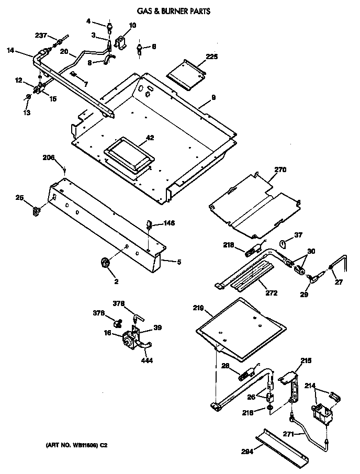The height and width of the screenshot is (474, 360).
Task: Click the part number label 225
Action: (211, 57)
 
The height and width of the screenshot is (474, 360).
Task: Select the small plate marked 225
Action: (187, 73)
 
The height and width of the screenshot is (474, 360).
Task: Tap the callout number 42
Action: (150, 138)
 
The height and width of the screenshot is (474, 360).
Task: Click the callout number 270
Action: (280, 170)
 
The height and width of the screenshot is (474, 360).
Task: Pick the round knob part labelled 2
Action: (105, 264)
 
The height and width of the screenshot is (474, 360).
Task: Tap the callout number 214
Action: (310, 387)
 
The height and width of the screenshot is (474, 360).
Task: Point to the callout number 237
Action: (41, 36)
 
